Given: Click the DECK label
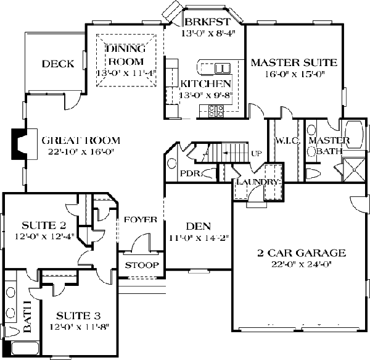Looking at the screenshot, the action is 58,64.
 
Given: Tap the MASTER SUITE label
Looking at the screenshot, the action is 294,62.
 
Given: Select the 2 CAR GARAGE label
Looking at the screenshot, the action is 302,253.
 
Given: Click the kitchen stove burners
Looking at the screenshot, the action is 216,111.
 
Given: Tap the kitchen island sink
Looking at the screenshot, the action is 222,69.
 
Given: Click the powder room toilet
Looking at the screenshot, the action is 209,173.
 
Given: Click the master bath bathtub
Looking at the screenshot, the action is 354,135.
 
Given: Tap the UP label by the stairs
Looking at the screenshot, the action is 257,154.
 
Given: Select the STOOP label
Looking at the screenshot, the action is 142,266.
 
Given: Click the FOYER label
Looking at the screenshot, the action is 141,220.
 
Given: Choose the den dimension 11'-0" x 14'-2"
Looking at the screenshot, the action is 199,238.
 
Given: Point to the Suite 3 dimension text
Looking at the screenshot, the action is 80,327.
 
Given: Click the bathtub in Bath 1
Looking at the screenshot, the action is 25,348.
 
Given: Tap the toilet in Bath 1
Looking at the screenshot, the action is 11,330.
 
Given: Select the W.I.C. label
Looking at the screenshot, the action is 287,141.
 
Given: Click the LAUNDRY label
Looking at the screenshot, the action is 258,182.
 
